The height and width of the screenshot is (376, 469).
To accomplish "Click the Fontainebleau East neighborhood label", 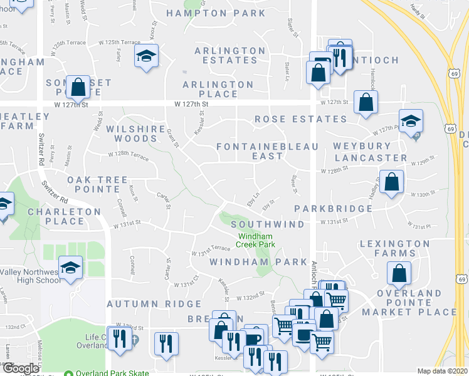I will click(x=267, y=151).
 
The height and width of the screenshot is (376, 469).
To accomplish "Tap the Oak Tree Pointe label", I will click(x=97, y=184).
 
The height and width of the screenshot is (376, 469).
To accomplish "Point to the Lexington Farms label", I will click(x=394, y=248).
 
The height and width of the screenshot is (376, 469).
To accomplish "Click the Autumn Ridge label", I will click(x=154, y=304).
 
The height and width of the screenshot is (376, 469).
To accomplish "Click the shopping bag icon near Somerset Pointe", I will click(x=79, y=88).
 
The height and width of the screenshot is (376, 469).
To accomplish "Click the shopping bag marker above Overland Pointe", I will click(x=399, y=272).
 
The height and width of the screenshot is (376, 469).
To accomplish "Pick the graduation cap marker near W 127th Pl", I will click(x=411, y=120).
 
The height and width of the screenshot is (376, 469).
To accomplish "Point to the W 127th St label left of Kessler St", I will click(x=191, y=103).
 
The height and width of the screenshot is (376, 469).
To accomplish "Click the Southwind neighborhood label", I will click(x=267, y=224).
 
